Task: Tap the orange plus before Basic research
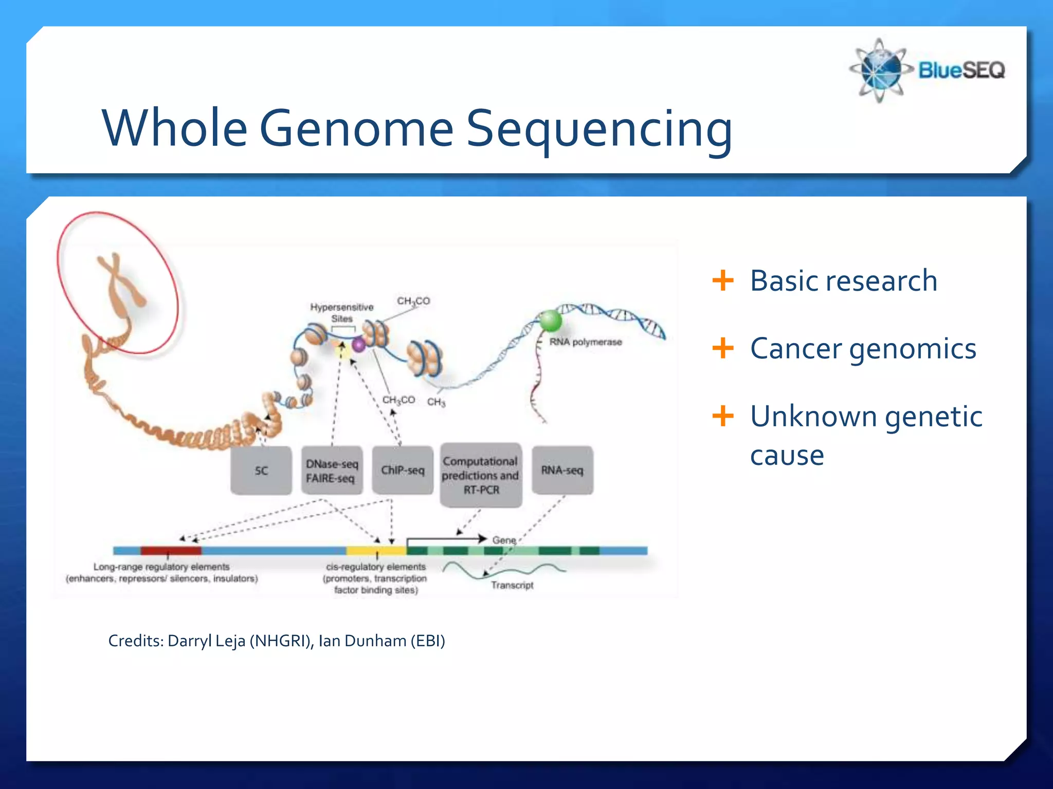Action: (722, 280)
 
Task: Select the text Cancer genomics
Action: (863, 349)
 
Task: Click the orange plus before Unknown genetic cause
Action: (722, 416)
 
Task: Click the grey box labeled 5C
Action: (261, 471)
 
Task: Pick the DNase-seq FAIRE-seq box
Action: (332, 471)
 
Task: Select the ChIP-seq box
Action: (403, 471)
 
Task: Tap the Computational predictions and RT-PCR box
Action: (481, 475)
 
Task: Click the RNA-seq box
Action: (562, 471)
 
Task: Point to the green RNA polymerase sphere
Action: (550, 321)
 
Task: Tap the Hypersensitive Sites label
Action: (342, 312)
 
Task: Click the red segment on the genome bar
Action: (171, 551)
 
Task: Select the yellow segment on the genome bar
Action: (376, 551)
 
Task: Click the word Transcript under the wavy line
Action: (512, 585)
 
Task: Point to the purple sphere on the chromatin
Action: (358, 345)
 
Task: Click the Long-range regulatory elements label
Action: (161, 567)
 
